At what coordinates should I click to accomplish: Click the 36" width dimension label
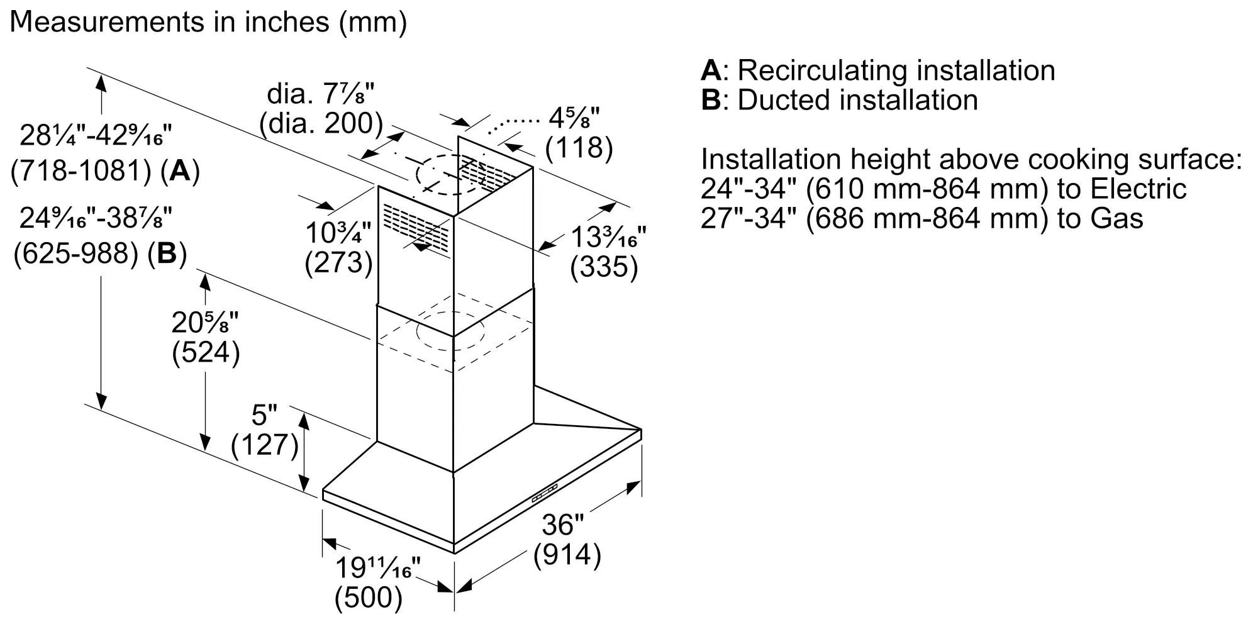coord(563,525)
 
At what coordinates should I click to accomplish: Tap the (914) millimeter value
coord(567,555)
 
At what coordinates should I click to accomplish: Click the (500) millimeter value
coord(369,598)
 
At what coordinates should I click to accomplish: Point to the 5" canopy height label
coord(264,416)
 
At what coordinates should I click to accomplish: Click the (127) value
coord(264,445)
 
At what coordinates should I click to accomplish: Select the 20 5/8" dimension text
coord(205,323)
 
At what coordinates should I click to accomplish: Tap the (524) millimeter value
coord(206,353)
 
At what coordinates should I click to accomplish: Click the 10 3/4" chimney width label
coord(338,233)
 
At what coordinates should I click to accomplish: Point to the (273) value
coord(338,262)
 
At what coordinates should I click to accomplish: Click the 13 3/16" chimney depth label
coord(608,238)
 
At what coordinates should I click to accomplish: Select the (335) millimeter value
coord(604,267)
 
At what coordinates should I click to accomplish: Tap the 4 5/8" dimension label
coord(574,118)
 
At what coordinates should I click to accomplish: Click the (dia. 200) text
coord(321,124)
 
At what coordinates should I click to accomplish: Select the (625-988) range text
coord(75,253)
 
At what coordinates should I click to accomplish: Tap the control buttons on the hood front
coord(545,493)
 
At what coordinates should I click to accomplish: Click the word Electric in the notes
coord(1138,189)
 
